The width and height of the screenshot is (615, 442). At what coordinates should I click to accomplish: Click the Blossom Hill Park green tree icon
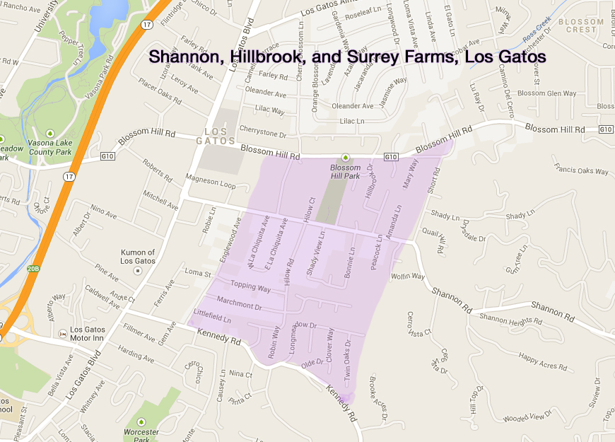(x=346, y=157)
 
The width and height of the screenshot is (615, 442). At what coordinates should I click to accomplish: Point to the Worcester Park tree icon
(x=140, y=422)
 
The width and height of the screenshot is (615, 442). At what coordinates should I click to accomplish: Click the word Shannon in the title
(x=186, y=56)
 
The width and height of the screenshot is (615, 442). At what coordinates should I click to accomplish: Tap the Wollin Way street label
(x=407, y=276)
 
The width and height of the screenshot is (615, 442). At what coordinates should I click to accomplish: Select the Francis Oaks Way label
(x=582, y=170)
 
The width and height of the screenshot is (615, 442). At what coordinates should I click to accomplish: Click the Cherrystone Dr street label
(x=262, y=134)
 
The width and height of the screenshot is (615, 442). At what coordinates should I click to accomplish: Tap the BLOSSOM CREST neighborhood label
(x=581, y=26)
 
